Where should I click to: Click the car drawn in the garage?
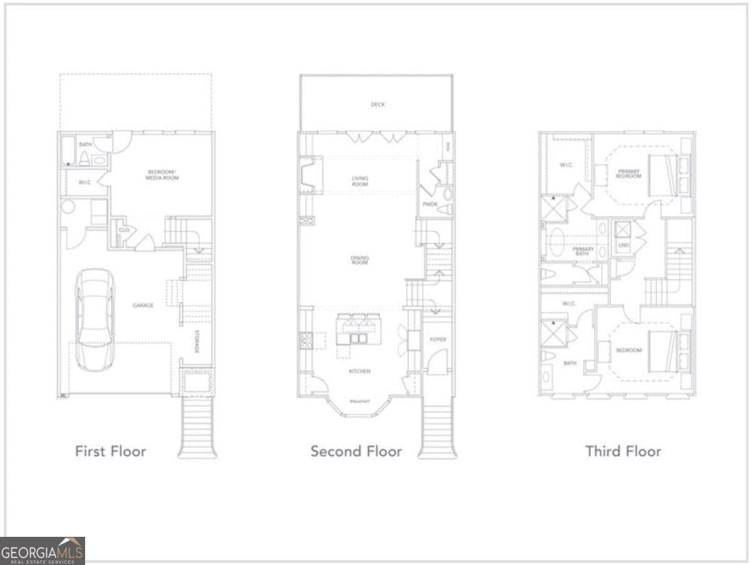[95, 319]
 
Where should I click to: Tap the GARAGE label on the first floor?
[143, 305]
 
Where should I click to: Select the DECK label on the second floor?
[377, 104]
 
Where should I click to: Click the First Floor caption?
[110, 451]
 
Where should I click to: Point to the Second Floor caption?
[356, 451]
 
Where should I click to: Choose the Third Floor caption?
[623, 451]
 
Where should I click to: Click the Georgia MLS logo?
[42, 551]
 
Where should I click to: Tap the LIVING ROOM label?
[360, 181]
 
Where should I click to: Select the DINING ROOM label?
[360, 260]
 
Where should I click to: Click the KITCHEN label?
[360, 371]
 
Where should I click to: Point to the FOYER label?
[437, 339]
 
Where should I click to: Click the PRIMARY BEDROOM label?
[628, 173]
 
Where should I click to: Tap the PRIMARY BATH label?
[583, 252]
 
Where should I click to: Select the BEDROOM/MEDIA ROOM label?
[163, 175]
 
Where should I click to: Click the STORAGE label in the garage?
[197, 341]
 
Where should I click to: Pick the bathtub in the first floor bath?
[68, 151]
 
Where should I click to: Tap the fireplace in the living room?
[309, 175]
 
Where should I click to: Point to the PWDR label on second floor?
[429, 204]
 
